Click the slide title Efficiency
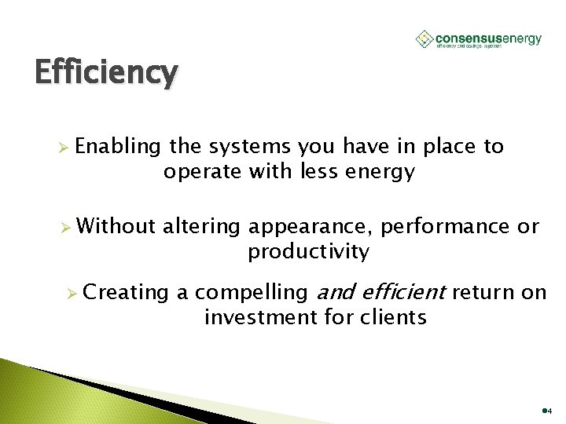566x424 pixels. click(106, 72)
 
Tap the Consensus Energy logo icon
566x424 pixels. click(424, 39)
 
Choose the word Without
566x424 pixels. click(117, 226)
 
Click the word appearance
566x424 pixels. click(311, 228)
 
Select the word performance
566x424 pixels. click(444, 228)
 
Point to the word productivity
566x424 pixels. click(308, 252)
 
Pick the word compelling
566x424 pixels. click(252, 293)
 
